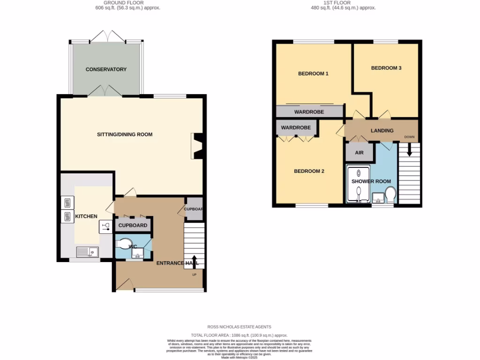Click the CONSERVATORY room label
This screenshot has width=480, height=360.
click(x=106, y=69)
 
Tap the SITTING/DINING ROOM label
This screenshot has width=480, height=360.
click(x=125, y=135)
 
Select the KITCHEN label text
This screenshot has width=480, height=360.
click(x=86, y=216)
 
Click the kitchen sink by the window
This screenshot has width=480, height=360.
click(x=87, y=252)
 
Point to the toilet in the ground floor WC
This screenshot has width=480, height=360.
click(x=124, y=244)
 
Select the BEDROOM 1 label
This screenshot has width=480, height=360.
click(x=313, y=74)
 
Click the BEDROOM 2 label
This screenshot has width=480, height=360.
click(x=309, y=171)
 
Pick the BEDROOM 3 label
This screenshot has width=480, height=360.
click(x=386, y=68)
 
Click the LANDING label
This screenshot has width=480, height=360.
click(x=382, y=131)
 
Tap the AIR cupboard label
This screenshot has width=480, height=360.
click(x=360, y=153)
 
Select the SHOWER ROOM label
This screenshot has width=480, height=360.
click(x=371, y=181)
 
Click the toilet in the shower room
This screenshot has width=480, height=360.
click(x=390, y=194)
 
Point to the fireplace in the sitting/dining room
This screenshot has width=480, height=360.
click(x=198, y=146)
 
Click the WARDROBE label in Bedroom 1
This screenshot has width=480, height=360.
click(x=309, y=112)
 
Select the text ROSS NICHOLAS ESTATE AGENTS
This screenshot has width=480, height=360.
click(x=240, y=327)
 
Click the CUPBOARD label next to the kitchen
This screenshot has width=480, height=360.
click(x=133, y=225)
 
